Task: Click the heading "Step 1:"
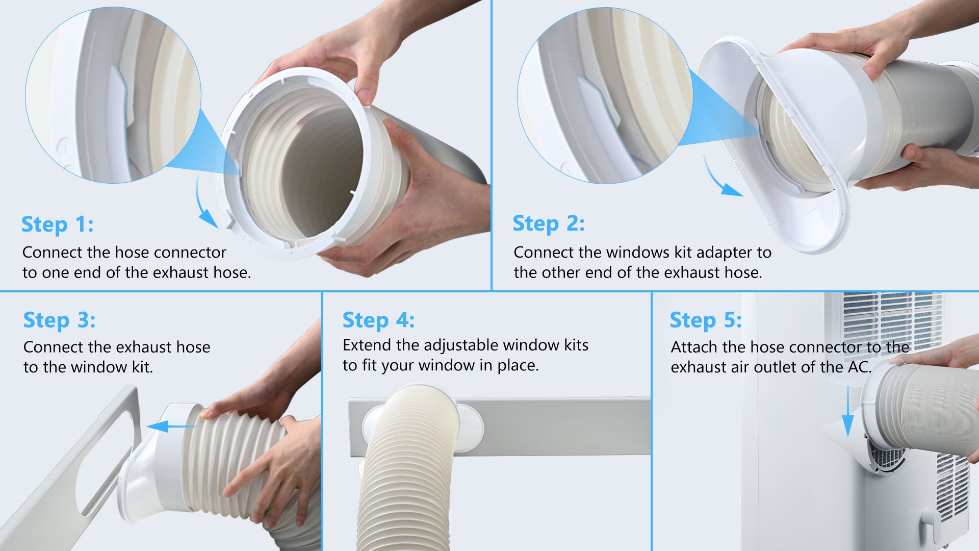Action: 57,224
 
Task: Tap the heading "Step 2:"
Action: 549,223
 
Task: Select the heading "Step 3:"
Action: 59,320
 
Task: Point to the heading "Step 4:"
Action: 378,320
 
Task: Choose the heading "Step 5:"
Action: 706,320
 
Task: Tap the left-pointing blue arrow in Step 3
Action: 171,426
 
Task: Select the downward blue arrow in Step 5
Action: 847,411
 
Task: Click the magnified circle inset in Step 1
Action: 113,95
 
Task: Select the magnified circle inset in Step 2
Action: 605,95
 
